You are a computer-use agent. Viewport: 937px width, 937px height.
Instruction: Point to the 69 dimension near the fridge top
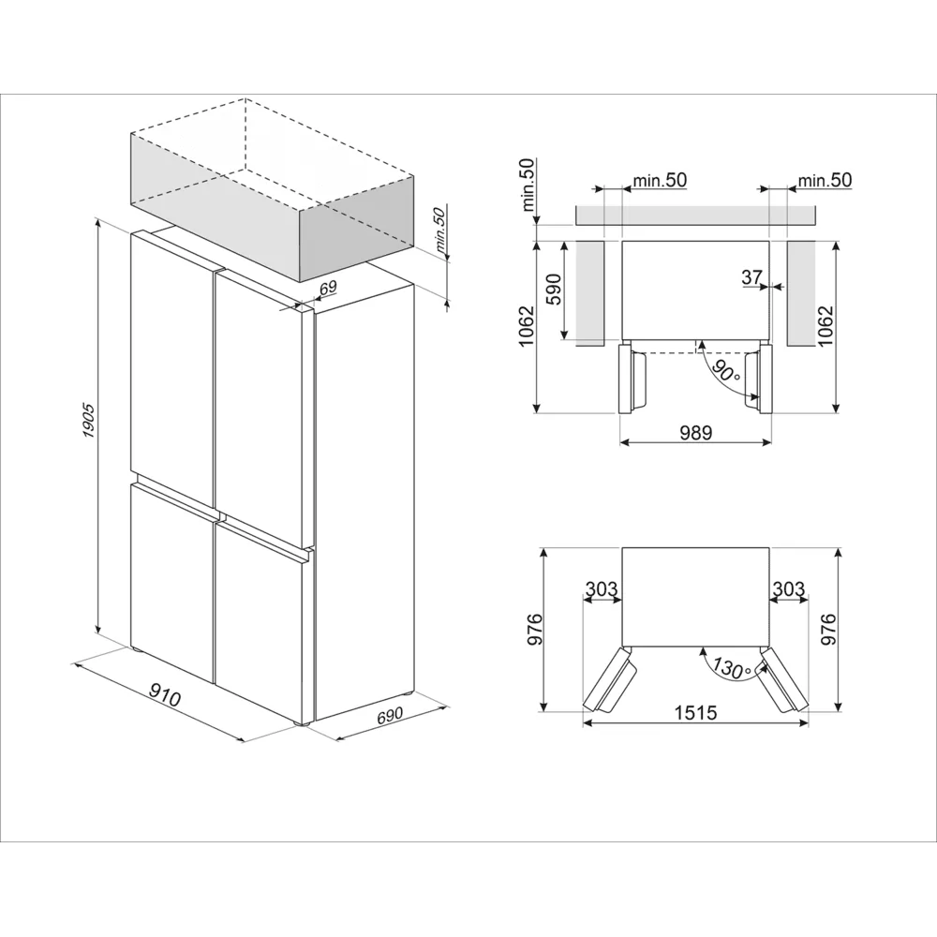(x=327, y=289)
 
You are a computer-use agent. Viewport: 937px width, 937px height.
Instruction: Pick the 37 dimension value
(x=751, y=276)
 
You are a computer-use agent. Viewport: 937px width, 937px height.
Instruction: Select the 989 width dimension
(x=695, y=432)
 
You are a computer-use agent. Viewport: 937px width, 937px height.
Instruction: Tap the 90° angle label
(x=724, y=371)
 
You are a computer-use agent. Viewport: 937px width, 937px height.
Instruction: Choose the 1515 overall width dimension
(x=695, y=713)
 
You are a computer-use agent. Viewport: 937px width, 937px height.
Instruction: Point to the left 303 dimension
(x=602, y=588)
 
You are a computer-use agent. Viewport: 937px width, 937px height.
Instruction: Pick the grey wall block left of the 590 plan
(x=591, y=293)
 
